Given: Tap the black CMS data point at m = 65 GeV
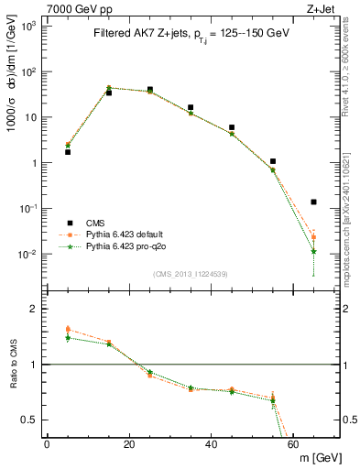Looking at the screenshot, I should (x=314, y=202).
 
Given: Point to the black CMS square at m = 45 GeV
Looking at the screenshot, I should (x=232, y=127).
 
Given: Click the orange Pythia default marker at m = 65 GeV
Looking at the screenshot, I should (x=314, y=237).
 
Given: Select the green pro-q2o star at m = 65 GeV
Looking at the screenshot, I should (x=314, y=251).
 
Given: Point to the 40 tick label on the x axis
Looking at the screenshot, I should (x=212, y=444).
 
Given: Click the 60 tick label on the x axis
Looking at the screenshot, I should (x=293, y=444).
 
